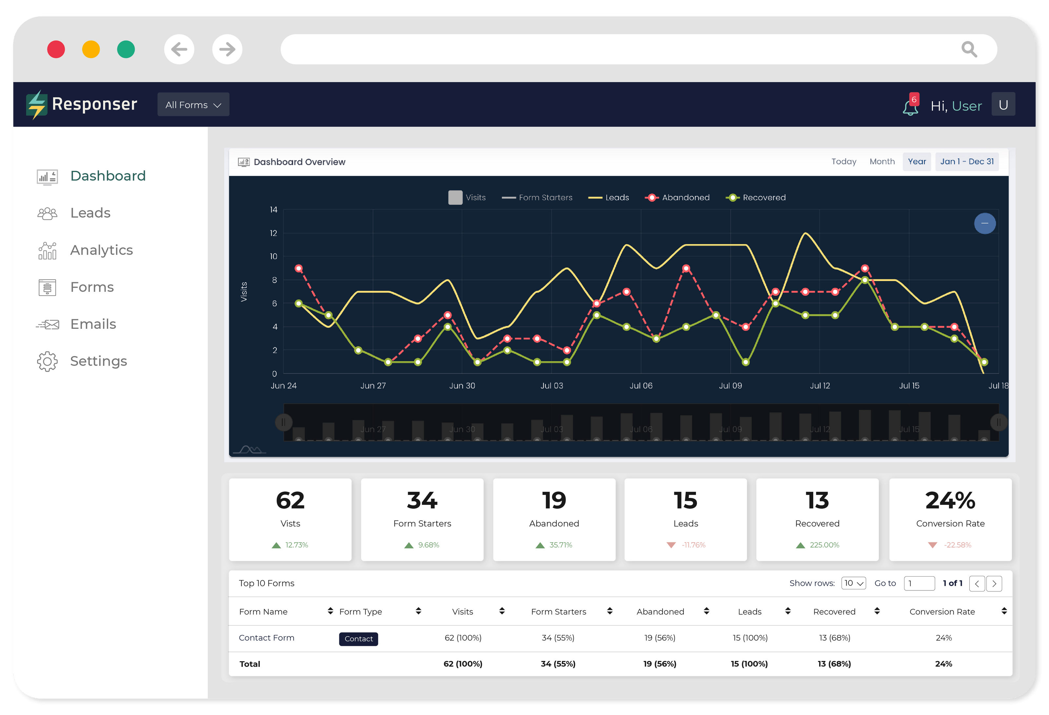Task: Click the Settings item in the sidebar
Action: (98, 361)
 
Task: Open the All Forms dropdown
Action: (193, 105)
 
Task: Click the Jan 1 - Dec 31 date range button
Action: (966, 162)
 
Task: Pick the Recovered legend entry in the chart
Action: (756, 198)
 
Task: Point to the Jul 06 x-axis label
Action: (641, 386)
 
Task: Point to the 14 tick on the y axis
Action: (273, 210)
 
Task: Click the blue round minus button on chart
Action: (984, 224)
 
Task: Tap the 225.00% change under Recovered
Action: (824, 545)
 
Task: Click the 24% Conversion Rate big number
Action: (950, 501)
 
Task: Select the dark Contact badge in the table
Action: (358, 639)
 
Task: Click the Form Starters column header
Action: (558, 612)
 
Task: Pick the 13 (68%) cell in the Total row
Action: (834, 664)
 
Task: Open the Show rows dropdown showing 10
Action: (853, 583)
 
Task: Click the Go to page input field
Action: (919, 583)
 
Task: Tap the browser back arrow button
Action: (179, 49)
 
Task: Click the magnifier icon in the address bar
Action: (969, 49)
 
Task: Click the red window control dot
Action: (56, 49)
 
